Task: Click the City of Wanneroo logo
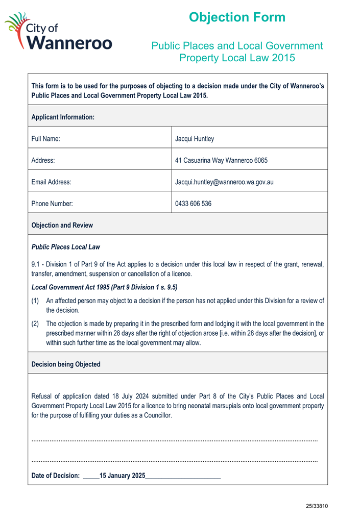click(58, 32)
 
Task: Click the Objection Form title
click(237, 17)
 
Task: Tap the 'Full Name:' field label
click(46, 138)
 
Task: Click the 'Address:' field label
click(43, 160)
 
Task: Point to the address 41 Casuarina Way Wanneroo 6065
click(221, 160)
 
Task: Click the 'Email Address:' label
click(51, 182)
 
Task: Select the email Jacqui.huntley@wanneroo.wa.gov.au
click(224, 182)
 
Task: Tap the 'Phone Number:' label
click(52, 204)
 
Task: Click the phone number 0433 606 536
click(193, 204)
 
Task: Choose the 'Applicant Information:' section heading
click(63, 117)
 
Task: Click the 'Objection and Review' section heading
click(62, 225)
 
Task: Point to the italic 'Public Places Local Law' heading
click(66, 247)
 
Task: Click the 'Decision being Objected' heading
click(66, 364)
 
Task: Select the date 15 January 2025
click(123, 476)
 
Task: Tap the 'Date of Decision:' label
click(56, 476)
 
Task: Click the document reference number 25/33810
click(317, 506)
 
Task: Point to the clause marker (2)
click(36, 324)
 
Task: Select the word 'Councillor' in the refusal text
click(156, 415)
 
